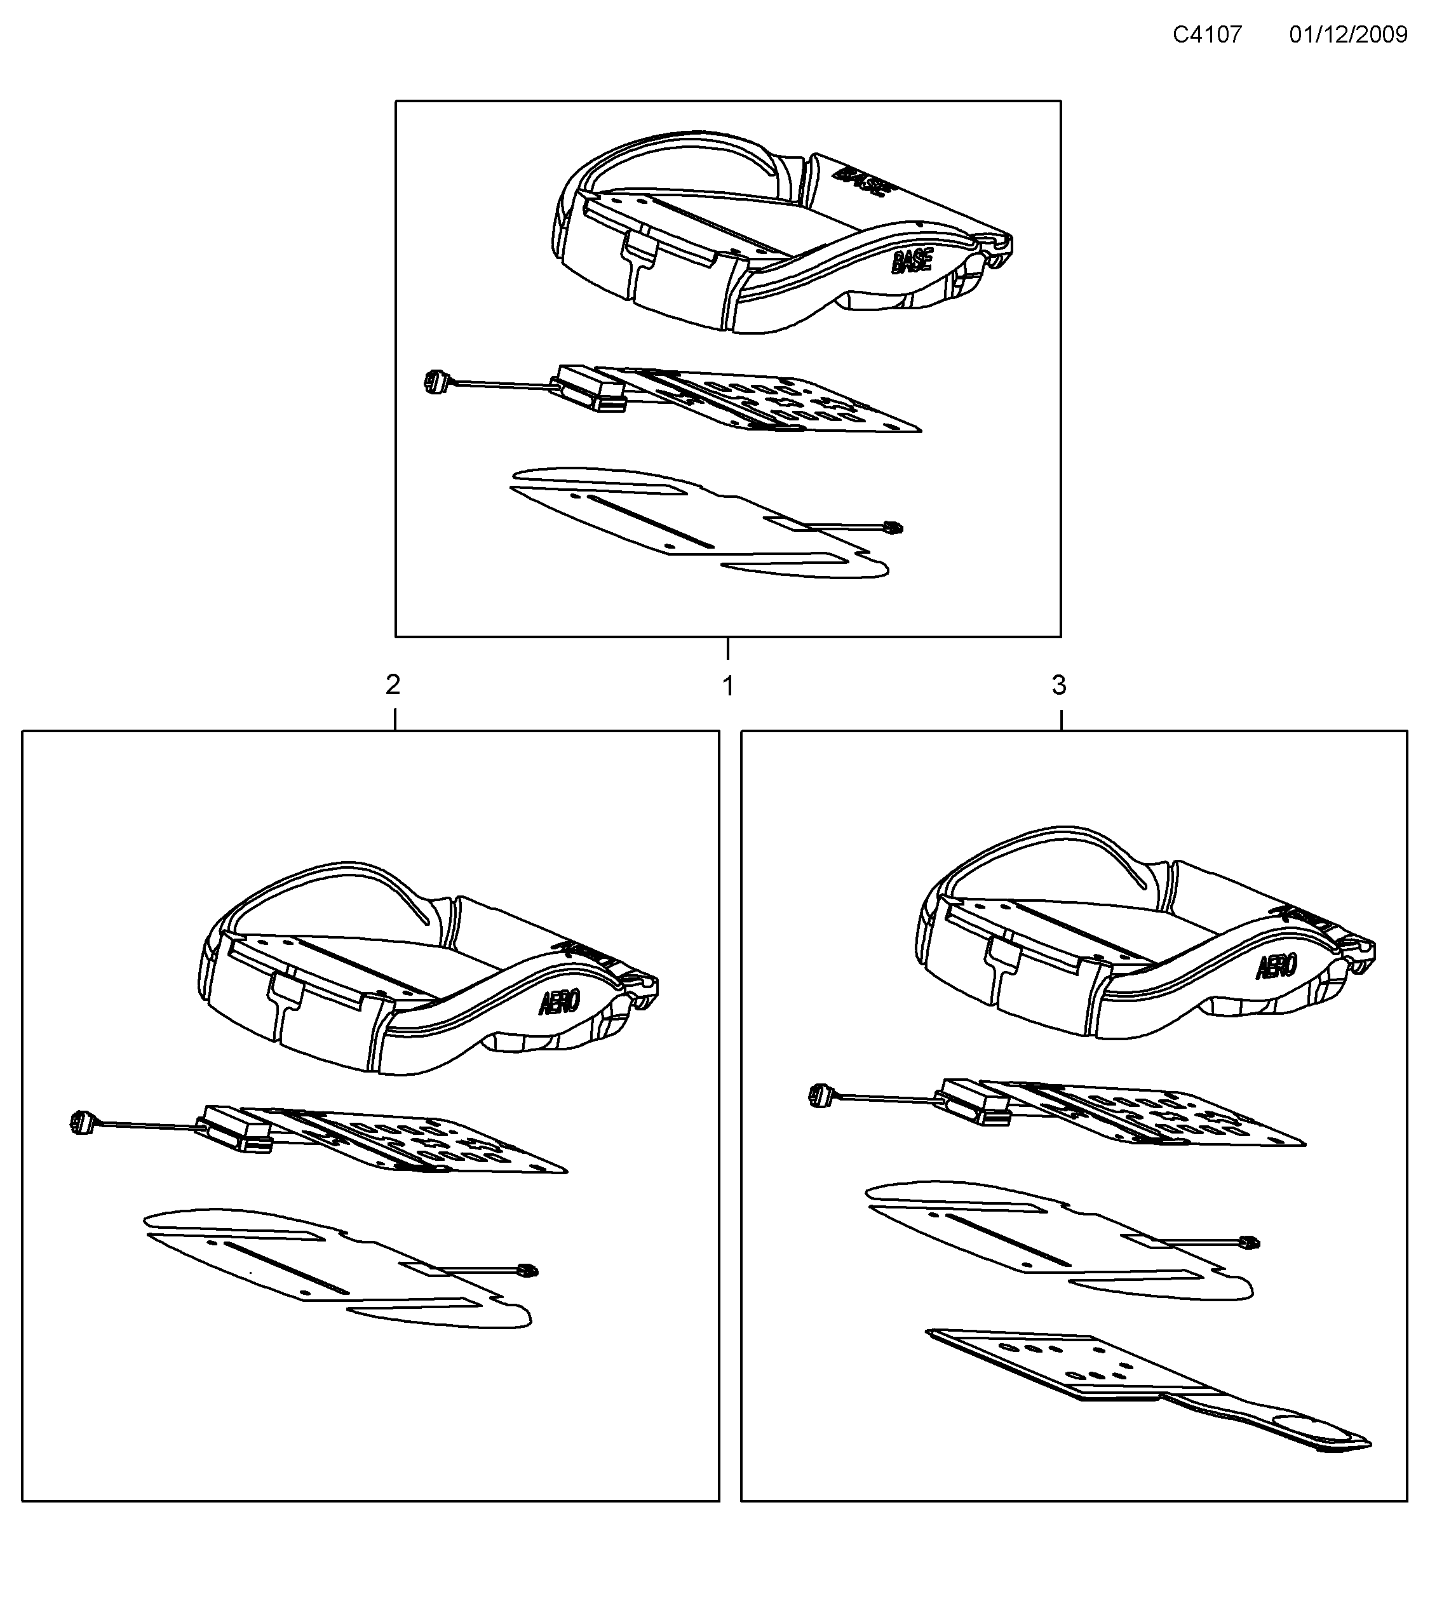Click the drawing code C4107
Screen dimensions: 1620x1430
[1206, 35]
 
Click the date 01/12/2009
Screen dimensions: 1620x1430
[1347, 35]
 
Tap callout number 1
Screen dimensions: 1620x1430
[727, 686]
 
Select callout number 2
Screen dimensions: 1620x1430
[393, 685]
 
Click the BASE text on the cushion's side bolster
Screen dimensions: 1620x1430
[912, 262]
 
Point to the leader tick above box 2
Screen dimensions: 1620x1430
[395, 719]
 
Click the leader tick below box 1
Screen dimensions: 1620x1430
[727, 649]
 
